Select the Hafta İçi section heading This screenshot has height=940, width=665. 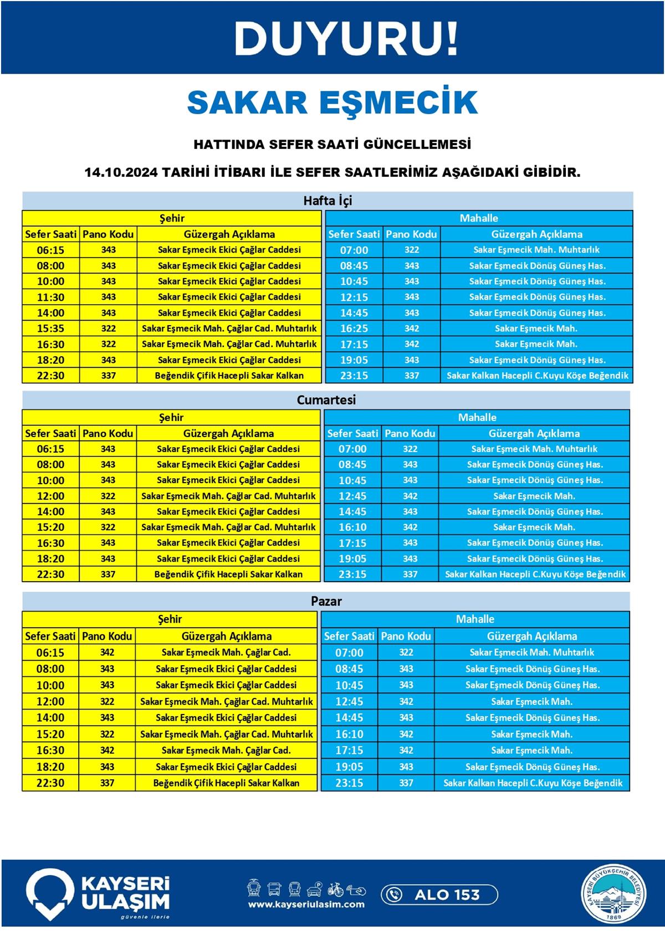pos(328,201)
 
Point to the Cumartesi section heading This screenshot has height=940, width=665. pos(326,399)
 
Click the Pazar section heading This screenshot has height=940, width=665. pos(326,601)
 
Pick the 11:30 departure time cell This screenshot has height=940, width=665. pos(50,297)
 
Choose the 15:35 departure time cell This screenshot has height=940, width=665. pos(50,328)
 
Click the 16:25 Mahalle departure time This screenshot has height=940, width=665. pos(354,328)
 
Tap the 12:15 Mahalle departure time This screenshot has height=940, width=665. pos(354,297)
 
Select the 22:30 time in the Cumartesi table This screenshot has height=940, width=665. pos(50,574)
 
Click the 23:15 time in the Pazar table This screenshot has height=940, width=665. pos(349,783)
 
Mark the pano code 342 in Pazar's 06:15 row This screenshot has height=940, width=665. pos(107,653)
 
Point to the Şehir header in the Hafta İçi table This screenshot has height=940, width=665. pos(172,218)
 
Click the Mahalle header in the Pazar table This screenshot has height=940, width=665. pos(475,619)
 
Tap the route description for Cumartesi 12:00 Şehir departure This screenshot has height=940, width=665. pos(228,496)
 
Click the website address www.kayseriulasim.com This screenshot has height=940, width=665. pos(306,904)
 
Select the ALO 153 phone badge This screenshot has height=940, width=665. pos(439,895)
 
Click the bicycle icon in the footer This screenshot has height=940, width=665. pos(335,890)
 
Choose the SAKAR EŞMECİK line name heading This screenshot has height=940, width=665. pos(332,102)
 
